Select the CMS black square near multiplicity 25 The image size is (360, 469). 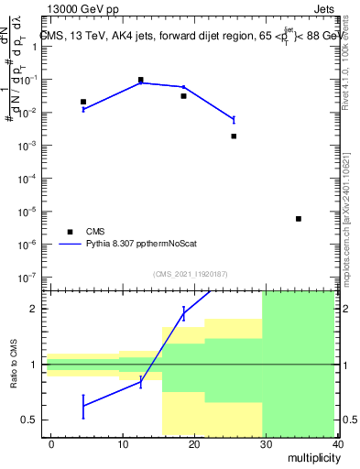point(234,136)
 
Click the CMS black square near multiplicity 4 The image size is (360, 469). point(83,102)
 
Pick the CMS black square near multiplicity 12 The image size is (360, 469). point(140,80)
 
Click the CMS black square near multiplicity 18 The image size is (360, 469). point(183,96)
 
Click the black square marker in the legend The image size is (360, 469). point(70,232)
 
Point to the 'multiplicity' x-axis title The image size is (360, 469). point(309,457)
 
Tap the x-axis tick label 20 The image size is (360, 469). point(194,444)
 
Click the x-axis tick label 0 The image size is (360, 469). point(51,444)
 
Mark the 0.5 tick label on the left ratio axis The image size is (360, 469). point(29,420)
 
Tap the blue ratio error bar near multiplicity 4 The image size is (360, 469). point(83,406)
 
